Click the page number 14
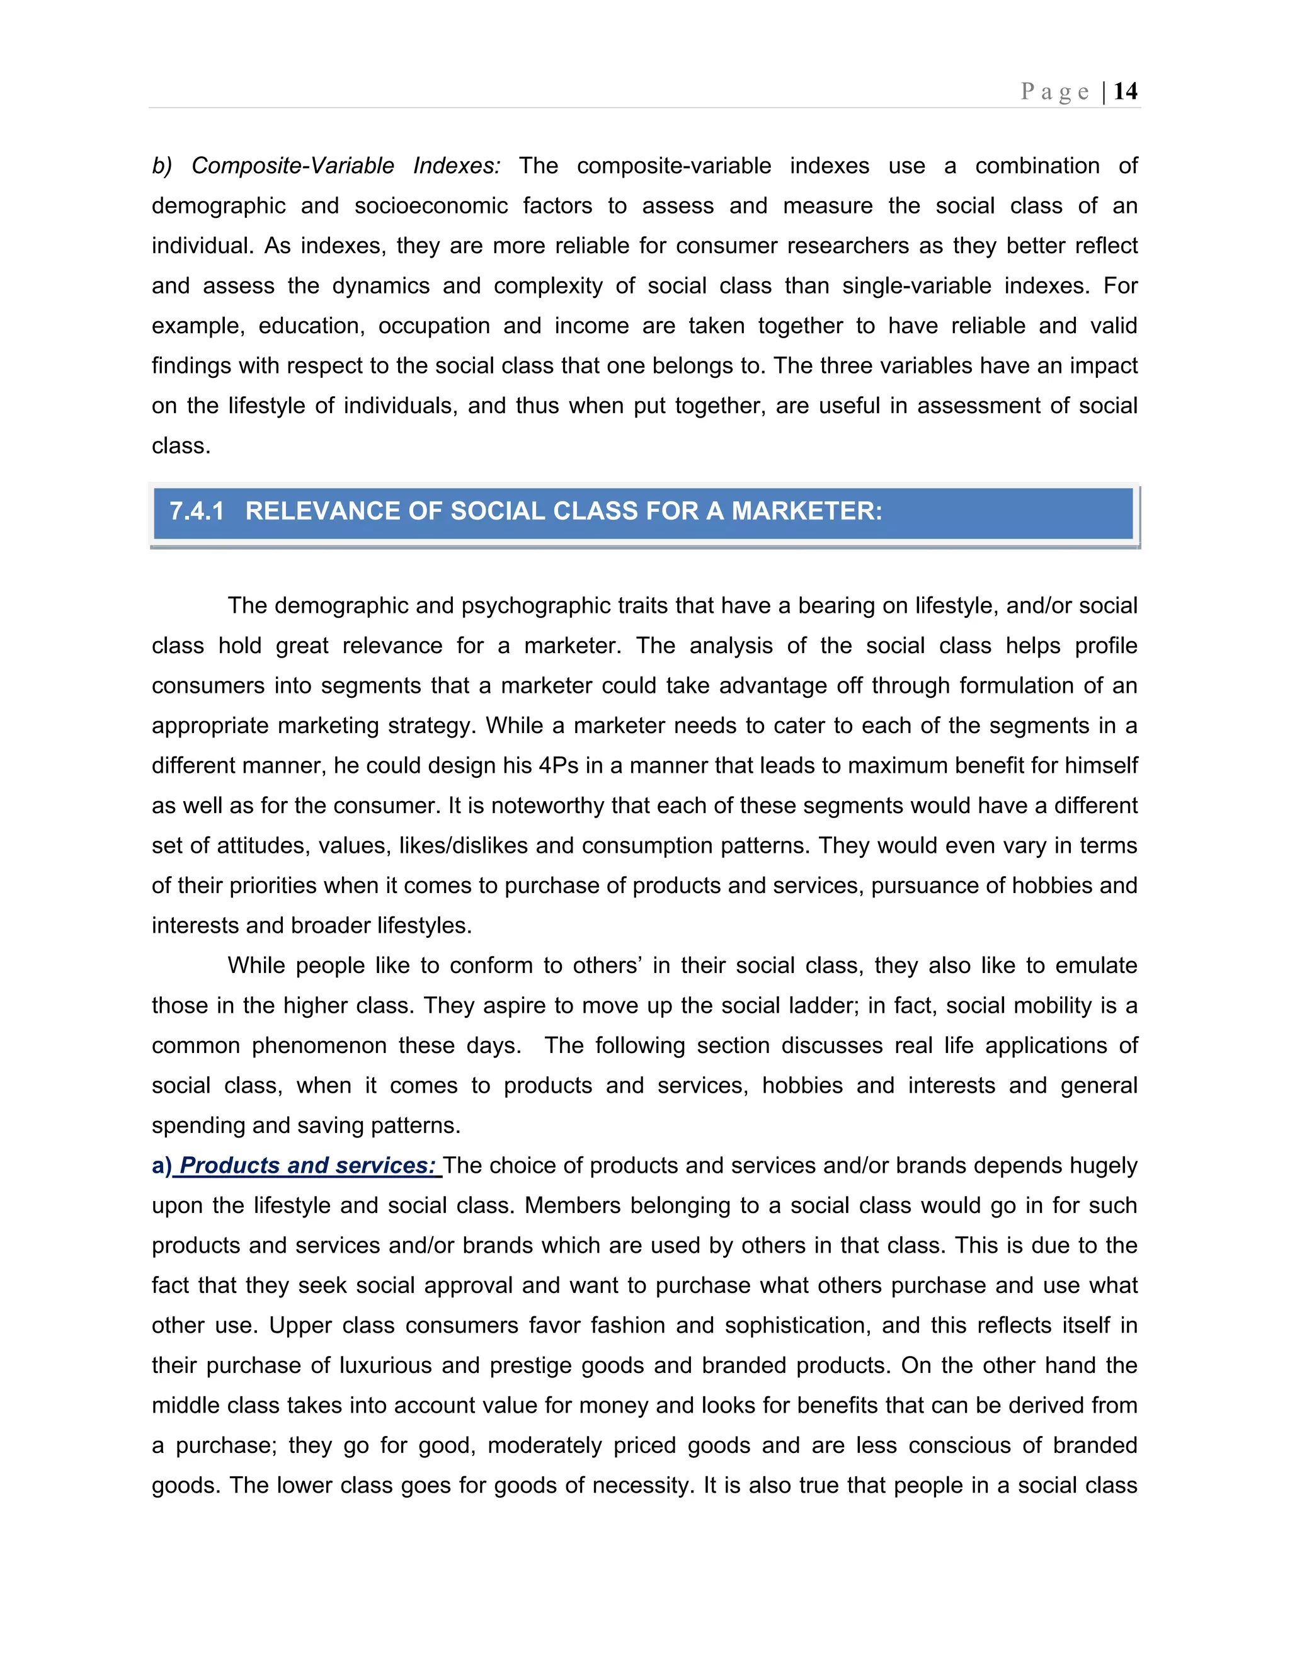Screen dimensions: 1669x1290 (1125, 92)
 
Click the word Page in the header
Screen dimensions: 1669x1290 (1054, 92)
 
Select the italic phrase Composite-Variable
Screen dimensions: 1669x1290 (293, 166)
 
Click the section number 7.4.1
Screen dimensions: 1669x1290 (197, 511)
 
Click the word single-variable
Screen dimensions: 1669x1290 (916, 286)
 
